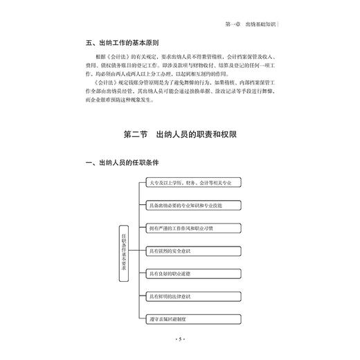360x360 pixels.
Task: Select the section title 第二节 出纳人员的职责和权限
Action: (x=180, y=134)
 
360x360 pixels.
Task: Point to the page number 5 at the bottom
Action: (x=180, y=339)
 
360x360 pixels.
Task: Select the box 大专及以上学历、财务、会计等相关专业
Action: (x=187, y=183)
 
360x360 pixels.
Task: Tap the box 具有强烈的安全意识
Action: (x=187, y=252)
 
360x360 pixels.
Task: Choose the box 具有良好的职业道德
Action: (x=187, y=275)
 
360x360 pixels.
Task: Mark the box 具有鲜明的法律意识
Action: (x=187, y=298)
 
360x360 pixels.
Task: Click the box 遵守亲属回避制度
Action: (x=187, y=321)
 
